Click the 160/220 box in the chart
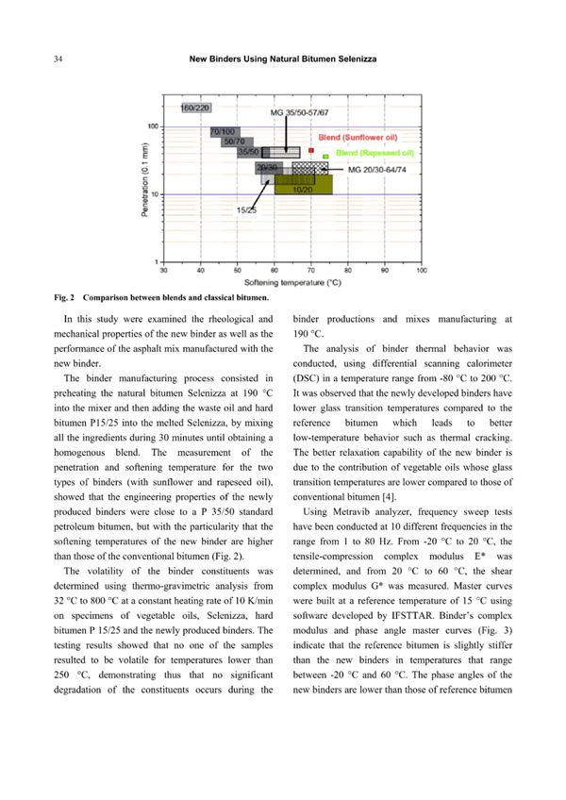tap(195, 109)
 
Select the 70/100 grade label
tap(223, 130)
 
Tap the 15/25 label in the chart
tap(247, 210)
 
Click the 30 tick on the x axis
tap(163, 271)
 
